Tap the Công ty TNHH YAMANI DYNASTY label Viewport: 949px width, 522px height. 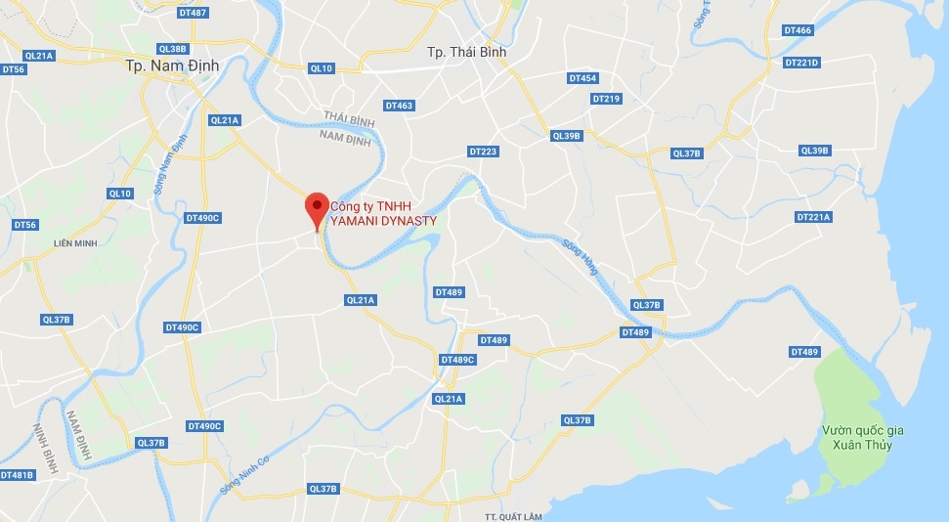coord(382,214)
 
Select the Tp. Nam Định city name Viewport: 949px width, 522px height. coord(173,66)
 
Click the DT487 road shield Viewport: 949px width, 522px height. coord(194,13)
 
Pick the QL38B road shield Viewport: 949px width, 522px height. coord(172,49)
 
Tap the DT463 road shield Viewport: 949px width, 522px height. coord(399,106)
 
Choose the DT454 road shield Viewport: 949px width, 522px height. coord(582,78)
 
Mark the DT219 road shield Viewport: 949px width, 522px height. coord(606,99)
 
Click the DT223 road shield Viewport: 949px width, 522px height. coord(483,152)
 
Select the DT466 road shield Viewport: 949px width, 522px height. coord(798,31)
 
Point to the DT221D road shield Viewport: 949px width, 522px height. coord(801,63)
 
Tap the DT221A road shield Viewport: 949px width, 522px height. coord(813,217)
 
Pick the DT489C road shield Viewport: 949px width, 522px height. coord(457,360)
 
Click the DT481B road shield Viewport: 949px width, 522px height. coord(17,475)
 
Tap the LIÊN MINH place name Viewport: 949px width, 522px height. coord(76,242)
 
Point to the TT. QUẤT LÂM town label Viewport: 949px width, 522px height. coord(513,515)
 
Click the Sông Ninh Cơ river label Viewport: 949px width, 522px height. coord(243,473)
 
